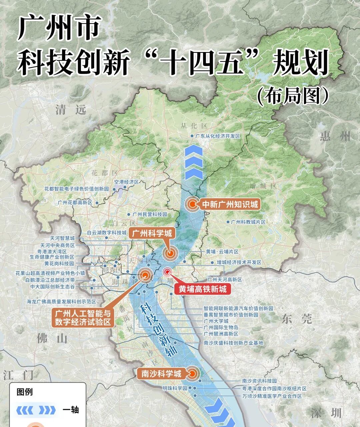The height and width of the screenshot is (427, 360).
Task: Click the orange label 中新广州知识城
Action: click(x=230, y=204)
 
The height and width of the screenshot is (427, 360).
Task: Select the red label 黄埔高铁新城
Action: click(x=202, y=289)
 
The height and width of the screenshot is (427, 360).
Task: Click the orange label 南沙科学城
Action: click(x=161, y=374)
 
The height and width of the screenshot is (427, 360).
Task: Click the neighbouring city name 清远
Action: click(x=71, y=109)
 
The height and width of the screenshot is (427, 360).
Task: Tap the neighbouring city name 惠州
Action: click(x=335, y=136)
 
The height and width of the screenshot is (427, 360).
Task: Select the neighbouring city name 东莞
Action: click(x=297, y=319)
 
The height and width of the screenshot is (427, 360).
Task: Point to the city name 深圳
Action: click(x=326, y=413)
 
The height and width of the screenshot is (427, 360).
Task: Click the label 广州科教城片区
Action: click(x=248, y=222)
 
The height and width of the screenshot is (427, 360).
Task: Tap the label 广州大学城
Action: click(x=216, y=321)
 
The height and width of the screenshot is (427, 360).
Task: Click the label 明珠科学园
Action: click(x=175, y=388)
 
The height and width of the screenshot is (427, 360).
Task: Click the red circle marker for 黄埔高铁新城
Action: click(x=168, y=272)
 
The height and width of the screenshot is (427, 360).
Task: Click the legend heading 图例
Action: click(x=25, y=392)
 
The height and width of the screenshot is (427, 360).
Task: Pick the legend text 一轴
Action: click(x=70, y=410)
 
